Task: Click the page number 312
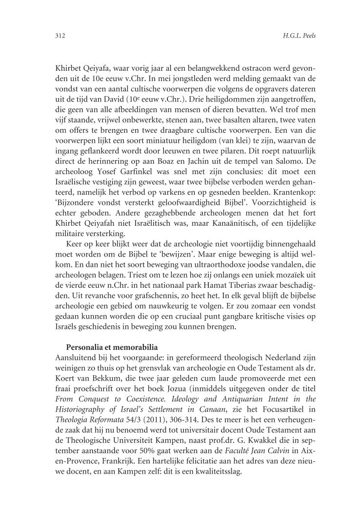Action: click(x=60, y=36)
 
